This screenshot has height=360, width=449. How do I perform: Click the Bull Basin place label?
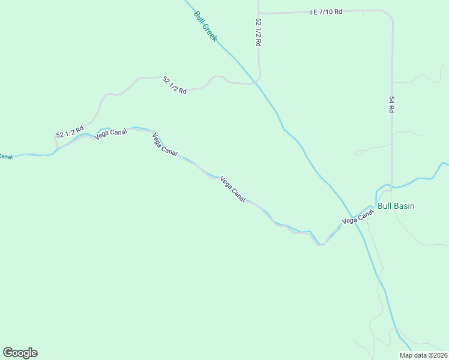point(396,206)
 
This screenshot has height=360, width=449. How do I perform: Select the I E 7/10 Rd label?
point(326,11)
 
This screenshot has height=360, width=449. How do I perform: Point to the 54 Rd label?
point(391,104)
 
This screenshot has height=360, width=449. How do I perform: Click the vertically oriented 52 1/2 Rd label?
point(259,32)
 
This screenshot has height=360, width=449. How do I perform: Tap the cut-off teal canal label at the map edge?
point(5,157)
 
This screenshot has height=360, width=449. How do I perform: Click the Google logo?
point(20,353)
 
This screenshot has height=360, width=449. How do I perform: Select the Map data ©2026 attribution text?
point(423,355)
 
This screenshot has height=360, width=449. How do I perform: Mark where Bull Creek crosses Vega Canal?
point(354,218)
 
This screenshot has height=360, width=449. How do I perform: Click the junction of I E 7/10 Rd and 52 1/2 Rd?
point(259,12)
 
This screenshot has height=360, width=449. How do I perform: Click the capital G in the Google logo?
point(8,353)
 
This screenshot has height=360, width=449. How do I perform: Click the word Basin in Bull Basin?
point(404,206)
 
